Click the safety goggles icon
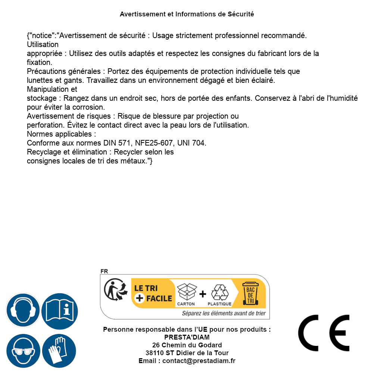click(23, 351)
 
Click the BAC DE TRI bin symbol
click(250, 293)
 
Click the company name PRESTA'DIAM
click(187, 337)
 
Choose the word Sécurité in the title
click(241, 14)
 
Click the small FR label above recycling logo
click(104, 272)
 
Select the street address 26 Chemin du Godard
click(187, 345)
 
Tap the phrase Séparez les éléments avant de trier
click(224, 313)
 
